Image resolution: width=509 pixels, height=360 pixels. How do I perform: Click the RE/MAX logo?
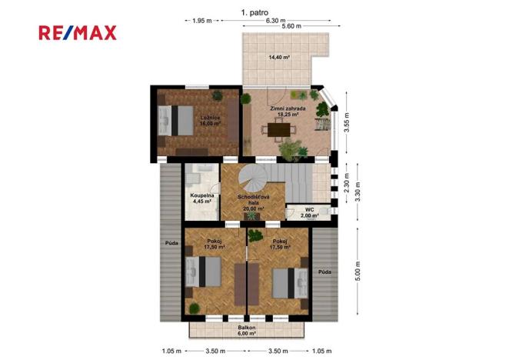point(78,32)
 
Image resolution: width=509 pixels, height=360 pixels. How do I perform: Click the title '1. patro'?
point(254,12)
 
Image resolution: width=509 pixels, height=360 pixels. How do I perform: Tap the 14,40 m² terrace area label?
point(280,57)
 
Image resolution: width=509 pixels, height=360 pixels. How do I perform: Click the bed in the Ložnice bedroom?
point(178,121)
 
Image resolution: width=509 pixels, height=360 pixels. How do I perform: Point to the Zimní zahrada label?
point(288,112)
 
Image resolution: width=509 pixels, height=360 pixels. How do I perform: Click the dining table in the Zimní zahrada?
point(286,128)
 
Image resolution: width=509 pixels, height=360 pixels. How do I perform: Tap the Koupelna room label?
point(201,198)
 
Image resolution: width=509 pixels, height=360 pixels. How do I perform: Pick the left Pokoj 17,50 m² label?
point(215,244)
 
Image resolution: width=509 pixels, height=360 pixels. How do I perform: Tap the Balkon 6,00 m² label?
point(247,330)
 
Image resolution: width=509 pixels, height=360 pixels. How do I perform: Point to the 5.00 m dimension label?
point(358,274)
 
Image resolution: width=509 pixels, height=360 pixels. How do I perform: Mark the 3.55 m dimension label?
point(348,124)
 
